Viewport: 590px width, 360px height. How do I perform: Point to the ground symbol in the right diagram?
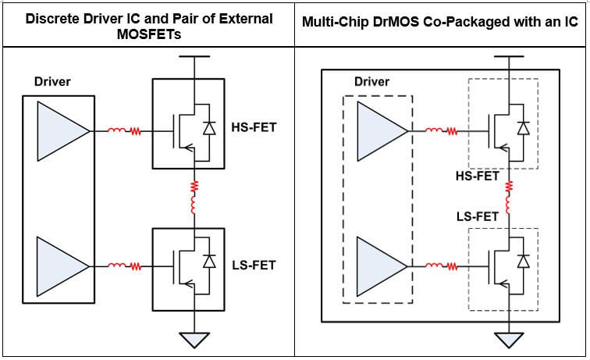click(x=510, y=340)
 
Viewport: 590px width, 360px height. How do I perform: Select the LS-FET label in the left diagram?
click(x=254, y=266)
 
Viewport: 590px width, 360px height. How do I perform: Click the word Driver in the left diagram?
click(x=53, y=81)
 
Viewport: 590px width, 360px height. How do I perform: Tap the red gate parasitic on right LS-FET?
click(x=442, y=266)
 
